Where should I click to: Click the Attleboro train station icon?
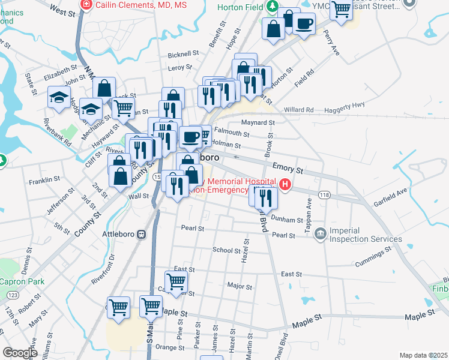tap(142, 234)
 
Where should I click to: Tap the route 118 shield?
tap(325, 194)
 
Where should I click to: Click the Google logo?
tap(20, 353)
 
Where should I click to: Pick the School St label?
tap(226, 250)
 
